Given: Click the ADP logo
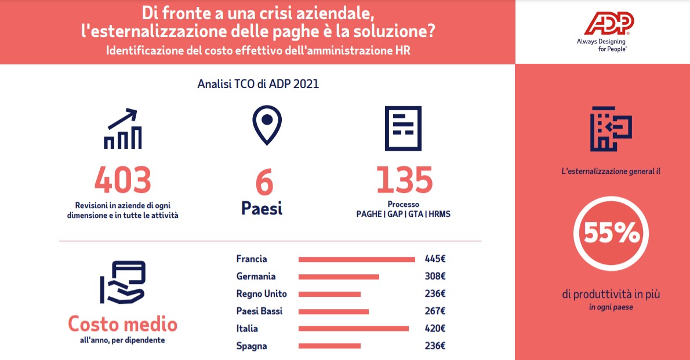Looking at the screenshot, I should (608, 24).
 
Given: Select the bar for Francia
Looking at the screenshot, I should (357, 259).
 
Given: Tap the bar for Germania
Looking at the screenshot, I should (339, 277).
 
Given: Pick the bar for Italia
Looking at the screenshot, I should (354, 329).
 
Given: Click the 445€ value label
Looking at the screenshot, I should (435, 259).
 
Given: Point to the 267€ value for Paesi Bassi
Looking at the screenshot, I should (435, 311).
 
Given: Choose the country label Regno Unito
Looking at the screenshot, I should (262, 294).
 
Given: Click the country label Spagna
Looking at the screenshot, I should (252, 346).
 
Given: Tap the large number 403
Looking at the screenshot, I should (123, 180).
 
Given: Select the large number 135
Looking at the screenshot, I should (404, 180).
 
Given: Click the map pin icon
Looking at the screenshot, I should (267, 125).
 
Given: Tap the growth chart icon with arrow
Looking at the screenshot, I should (122, 129).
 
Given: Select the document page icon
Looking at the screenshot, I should (404, 128).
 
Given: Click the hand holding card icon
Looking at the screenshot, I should (122, 282).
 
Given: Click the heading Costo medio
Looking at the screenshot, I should (122, 323).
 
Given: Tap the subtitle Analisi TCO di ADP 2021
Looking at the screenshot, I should (258, 84).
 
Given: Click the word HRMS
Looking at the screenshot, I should (440, 214).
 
